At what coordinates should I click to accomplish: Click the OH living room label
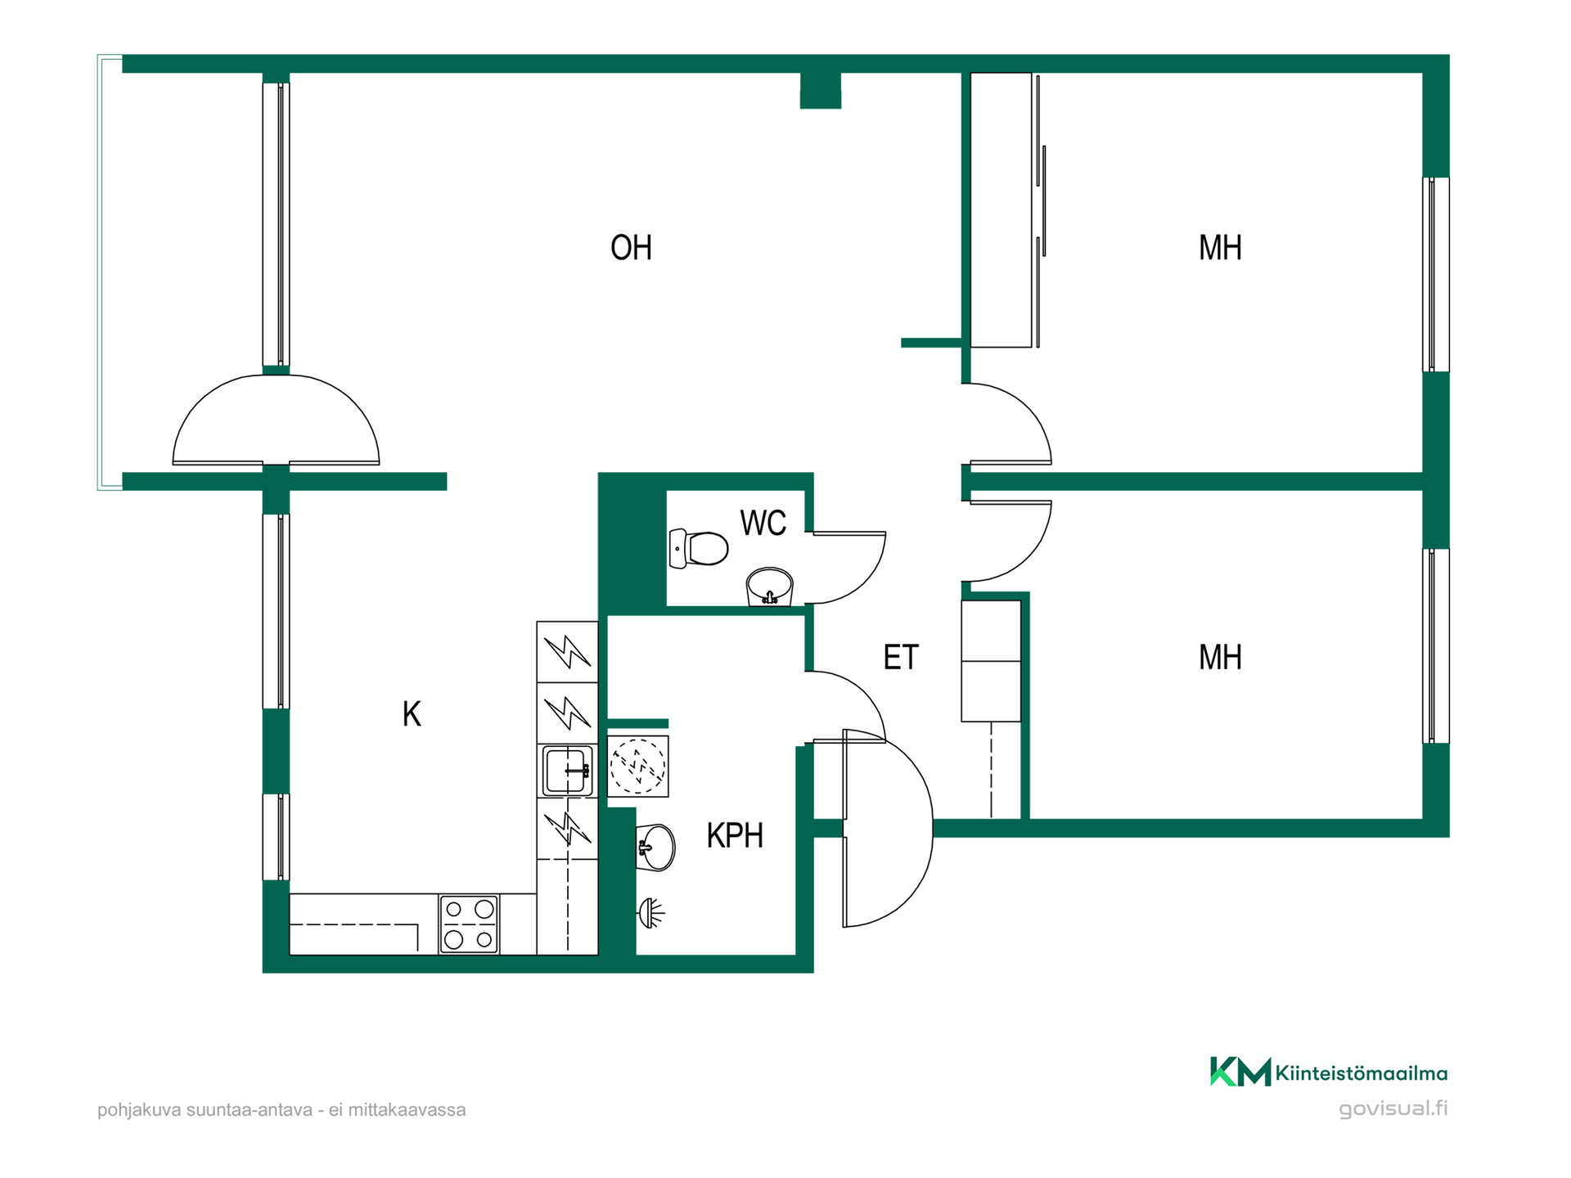[x=631, y=248]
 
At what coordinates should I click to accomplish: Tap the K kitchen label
[x=412, y=714]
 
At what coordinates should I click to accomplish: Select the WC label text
[x=763, y=523]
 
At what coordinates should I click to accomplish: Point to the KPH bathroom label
[x=735, y=835]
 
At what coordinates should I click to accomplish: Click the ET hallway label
[x=901, y=658]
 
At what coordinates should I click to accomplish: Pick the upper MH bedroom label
[x=1220, y=248]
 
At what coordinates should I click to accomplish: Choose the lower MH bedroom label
[x=1220, y=658]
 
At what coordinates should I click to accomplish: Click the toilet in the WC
[x=699, y=548]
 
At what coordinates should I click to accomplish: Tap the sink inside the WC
[x=769, y=587]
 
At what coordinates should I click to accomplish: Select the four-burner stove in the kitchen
[x=469, y=924]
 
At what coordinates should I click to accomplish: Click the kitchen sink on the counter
[x=566, y=771]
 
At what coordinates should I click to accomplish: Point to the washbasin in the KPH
[x=655, y=848]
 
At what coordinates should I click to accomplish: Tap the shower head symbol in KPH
[x=650, y=913]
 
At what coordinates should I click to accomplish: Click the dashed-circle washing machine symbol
[x=638, y=767]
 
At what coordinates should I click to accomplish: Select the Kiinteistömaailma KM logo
[x=1329, y=1072]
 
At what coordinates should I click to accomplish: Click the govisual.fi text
[x=1393, y=1109]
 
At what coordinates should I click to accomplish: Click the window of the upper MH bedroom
[x=1435, y=275]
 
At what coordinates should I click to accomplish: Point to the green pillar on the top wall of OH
[x=820, y=90]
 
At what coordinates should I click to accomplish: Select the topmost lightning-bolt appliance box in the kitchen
[x=567, y=652]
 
